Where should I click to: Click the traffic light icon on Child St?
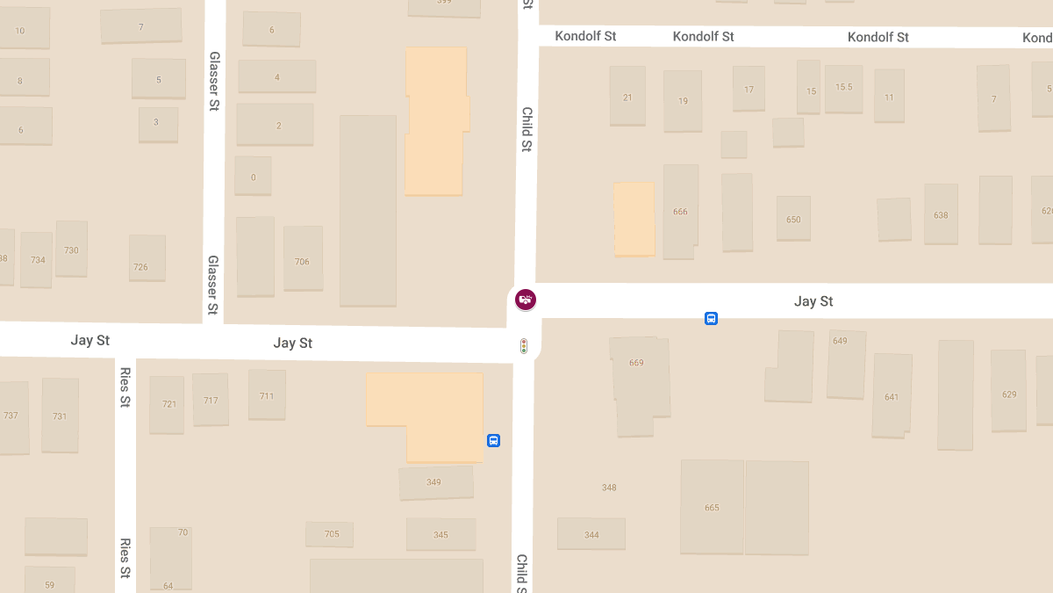pos(524,346)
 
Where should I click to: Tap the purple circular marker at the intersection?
pos(526,300)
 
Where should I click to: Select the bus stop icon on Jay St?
pos(711,318)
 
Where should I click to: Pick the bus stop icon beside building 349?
pos(493,441)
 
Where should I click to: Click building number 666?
pos(680,212)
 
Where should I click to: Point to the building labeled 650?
pos(793,219)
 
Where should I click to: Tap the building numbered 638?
pos(941,214)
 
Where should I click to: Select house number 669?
pos(637,363)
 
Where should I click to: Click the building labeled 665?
pos(712,507)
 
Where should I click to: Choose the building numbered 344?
pos(591,534)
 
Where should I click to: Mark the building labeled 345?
pos(441,534)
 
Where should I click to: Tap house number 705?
pos(331,534)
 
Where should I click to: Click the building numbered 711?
pos(267,395)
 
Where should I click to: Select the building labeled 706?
pos(302,261)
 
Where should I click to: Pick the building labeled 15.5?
pos(843,87)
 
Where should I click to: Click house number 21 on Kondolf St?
pos(627,97)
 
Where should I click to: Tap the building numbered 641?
pos(892,396)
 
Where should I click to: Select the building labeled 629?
pos(1009,394)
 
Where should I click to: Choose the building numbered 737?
pos(11,416)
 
